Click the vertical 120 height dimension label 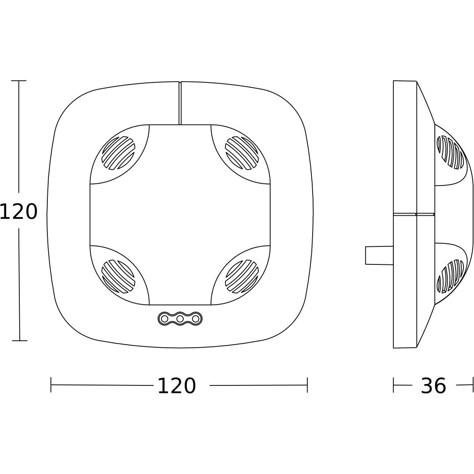[18, 212]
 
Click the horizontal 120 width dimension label [176, 386]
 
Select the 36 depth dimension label [433, 386]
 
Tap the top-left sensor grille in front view [118, 153]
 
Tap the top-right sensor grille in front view [242, 153]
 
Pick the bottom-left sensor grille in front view [118, 276]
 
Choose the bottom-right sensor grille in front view [242, 276]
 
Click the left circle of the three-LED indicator [164, 319]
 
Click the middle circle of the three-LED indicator [180, 319]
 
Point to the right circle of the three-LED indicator [196, 319]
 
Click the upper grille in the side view [450, 152]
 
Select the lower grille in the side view [450, 276]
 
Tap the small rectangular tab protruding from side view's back [379, 255]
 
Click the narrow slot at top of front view [180, 103]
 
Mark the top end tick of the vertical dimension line [19, 81]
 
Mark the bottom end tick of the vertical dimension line [19, 340]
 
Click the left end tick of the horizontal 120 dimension [51, 385]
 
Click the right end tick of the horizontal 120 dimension [307, 385]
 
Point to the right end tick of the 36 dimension [473, 385]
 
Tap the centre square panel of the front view [180, 215]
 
